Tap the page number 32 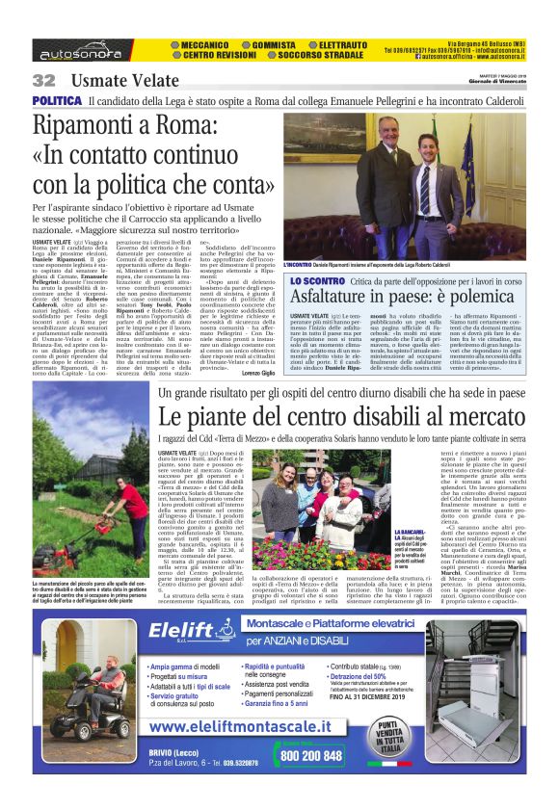click(43, 80)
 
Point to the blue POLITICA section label click(56, 100)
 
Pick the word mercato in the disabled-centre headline click(479, 418)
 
